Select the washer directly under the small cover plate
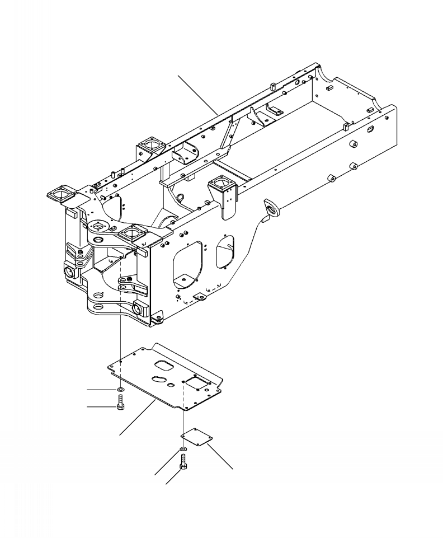click(183, 450)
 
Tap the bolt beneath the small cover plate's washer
click(183, 462)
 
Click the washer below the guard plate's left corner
click(121, 389)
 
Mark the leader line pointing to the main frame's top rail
click(199, 96)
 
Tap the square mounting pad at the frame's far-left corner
click(60, 194)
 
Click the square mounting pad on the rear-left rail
click(148, 145)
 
